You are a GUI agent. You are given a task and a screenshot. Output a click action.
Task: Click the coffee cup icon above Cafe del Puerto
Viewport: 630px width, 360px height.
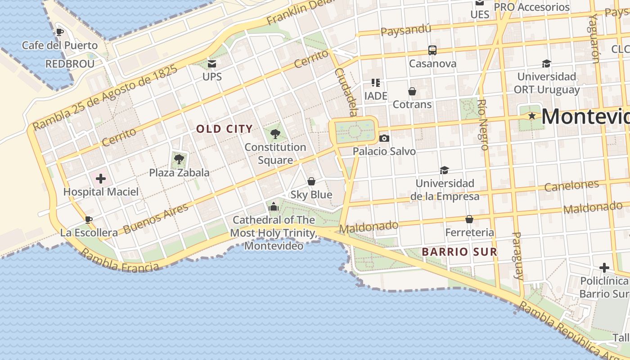pos(59,32)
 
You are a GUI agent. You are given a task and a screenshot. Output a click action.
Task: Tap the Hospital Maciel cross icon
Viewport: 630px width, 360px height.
pos(101,179)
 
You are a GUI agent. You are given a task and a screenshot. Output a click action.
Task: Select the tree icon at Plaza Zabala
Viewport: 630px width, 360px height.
pos(179,159)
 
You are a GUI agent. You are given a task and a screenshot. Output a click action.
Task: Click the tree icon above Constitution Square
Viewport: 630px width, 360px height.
pos(275,134)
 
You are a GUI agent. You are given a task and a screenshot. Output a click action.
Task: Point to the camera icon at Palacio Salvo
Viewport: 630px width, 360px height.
pos(384,138)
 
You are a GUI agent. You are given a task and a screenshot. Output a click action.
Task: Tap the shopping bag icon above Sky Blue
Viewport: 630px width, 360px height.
pos(311,181)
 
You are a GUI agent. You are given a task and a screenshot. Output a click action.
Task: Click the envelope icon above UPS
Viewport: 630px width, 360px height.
pos(212,63)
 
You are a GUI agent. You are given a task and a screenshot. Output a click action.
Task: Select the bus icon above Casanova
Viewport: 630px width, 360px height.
pos(432,50)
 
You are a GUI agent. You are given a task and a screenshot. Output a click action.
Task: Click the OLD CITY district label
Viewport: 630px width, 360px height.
pos(225,129)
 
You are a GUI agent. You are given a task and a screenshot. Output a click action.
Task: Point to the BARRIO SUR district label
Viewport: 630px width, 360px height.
pos(459,252)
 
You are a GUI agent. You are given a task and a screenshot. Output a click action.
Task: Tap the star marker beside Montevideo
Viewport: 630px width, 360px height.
pos(532,116)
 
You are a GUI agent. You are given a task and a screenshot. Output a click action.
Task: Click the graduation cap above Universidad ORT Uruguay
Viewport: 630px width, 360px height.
pos(546,63)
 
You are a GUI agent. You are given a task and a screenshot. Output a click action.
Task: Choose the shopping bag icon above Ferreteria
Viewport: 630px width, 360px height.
pos(469,219)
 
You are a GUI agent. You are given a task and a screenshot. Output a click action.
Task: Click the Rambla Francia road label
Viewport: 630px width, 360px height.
pos(119,261)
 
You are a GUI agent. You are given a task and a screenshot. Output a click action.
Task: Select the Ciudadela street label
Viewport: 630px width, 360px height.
pos(346,92)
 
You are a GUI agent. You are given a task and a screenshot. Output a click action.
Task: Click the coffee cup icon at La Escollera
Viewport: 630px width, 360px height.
pos(89,220)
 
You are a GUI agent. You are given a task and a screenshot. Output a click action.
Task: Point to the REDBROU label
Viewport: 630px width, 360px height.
pos(70,64)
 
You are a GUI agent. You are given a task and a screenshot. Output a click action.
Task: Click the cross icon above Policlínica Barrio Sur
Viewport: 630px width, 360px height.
pos(604,268)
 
